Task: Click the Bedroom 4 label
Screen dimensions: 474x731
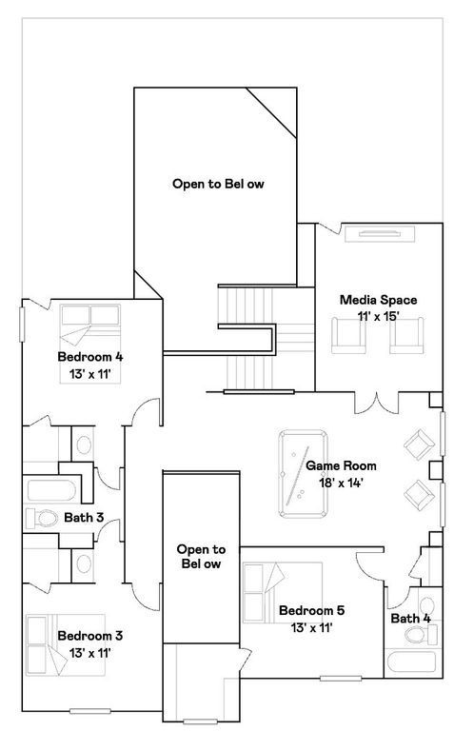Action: click(90, 357)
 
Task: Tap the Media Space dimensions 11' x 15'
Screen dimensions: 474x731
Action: click(378, 317)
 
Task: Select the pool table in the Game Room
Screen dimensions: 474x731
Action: click(303, 474)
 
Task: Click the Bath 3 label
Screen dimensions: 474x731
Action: click(84, 518)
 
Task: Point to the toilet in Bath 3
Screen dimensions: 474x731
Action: click(42, 519)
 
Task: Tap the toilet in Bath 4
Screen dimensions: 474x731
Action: click(421, 635)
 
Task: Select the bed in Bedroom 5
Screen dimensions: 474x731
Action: click(283, 592)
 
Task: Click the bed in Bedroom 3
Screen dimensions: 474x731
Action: click(66, 644)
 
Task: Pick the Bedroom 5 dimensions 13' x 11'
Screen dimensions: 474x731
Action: click(311, 628)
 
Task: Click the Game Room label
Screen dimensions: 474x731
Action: click(341, 465)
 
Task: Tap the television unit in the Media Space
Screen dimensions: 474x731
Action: click(380, 234)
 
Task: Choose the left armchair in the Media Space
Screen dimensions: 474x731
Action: click(348, 336)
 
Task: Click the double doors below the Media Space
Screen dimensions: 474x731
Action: click(377, 403)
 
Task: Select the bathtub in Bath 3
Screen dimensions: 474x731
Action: click(51, 490)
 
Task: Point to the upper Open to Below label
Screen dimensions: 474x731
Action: click(218, 184)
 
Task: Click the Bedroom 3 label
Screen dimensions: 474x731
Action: click(90, 636)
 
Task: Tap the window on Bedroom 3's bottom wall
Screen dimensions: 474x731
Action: click(90, 711)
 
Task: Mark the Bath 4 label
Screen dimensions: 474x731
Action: click(410, 619)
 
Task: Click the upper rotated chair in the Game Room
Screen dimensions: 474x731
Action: click(420, 445)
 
